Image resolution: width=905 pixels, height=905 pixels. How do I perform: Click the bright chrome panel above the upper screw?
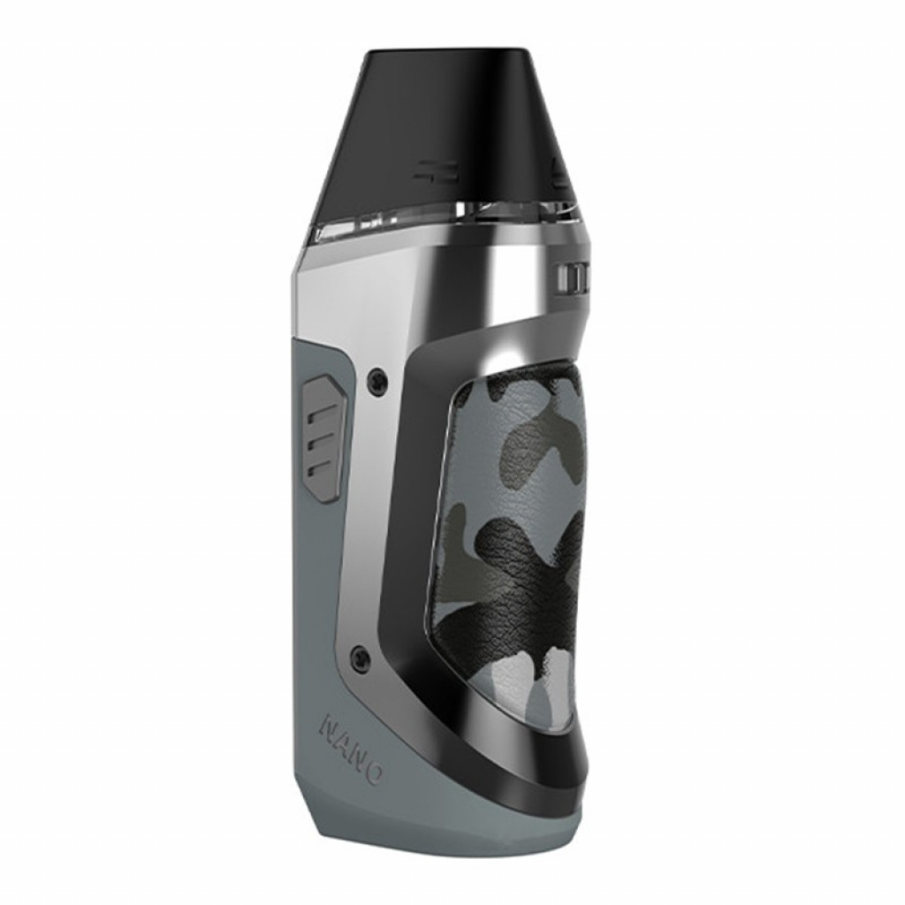354,300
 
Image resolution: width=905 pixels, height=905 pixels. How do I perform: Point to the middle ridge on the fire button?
323,440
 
